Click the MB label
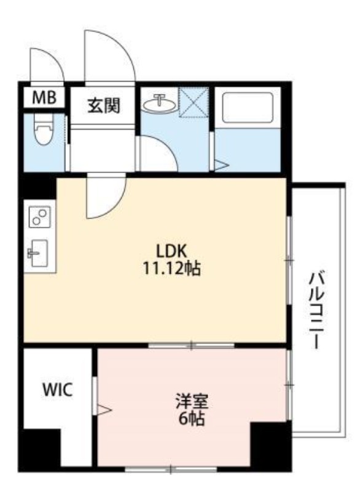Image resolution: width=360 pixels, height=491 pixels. (x=44, y=98)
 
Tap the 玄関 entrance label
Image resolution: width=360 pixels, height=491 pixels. (x=103, y=106)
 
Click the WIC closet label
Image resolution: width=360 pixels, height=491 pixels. (x=58, y=389)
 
